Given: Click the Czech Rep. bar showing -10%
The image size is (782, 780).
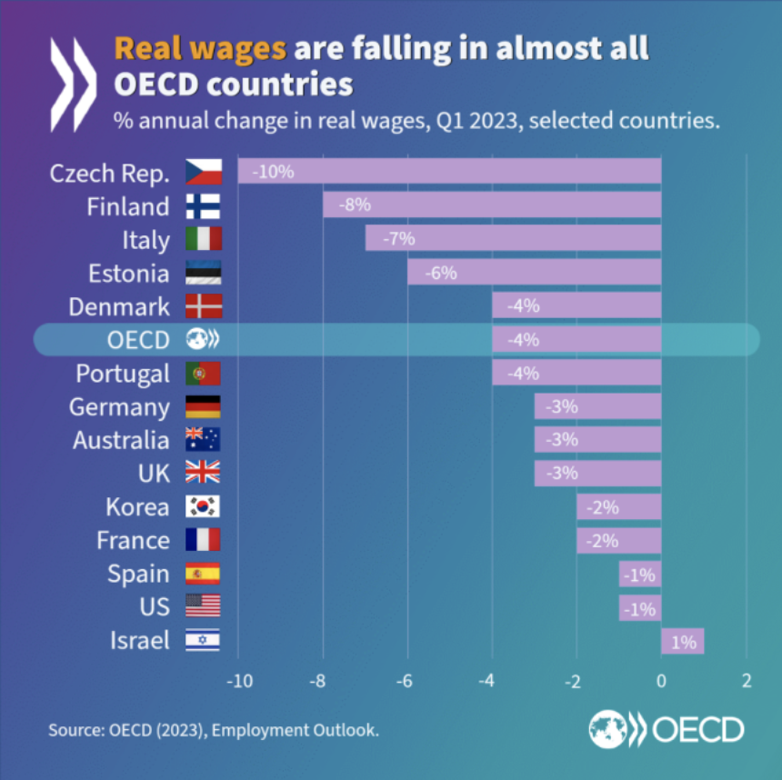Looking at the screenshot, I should click(x=449, y=172).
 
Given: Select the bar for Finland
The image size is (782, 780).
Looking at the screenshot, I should click(x=492, y=205).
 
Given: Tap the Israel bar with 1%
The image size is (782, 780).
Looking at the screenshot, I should click(x=683, y=641).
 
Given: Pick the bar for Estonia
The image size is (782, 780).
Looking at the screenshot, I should click(x=534, y=273).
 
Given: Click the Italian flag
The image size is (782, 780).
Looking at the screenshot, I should click(x=203, y=240).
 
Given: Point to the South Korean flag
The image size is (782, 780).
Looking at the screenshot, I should click(x=203, y=507).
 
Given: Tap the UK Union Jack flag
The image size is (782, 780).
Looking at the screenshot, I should click(x=203, y=474).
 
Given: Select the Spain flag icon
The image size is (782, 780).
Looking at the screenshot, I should click(x=203, y=575).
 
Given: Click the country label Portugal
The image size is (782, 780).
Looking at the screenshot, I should click(x=123, y=374).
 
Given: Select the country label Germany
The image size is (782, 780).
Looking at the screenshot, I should click(x=119, y=407).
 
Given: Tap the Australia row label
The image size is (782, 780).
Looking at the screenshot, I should click(x=121, y=440).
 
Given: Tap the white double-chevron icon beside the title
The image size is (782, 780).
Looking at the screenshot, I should click(x=73, y=84).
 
